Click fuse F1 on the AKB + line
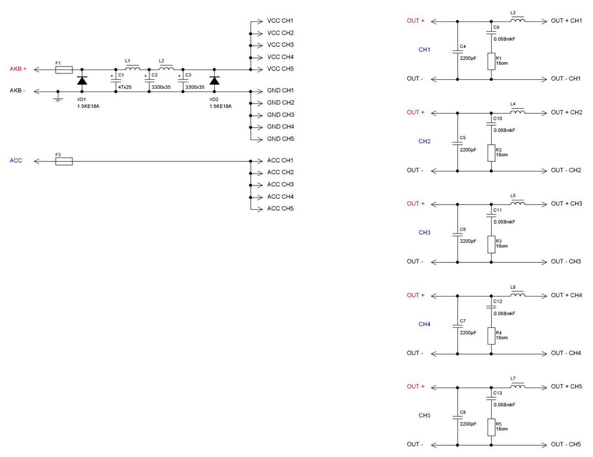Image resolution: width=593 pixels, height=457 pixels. coord(63,70)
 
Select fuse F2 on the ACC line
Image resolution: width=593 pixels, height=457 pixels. coord(63,161)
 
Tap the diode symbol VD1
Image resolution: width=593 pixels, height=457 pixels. coord(82,81)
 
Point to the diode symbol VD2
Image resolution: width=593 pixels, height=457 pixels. coord(214,81)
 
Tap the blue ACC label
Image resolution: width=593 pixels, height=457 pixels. coord(16,160)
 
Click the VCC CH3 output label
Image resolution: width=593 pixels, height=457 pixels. coord(280,45)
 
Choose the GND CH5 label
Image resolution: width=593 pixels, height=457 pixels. coord(281,139)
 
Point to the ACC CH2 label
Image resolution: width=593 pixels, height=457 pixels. coord(280,173)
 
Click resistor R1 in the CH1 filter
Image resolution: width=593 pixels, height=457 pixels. coord(491,61)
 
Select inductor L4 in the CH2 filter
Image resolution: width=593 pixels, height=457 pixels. coord(518,112)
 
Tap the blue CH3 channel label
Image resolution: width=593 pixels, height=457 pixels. coord(424,233)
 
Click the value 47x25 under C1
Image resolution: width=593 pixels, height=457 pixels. coord(125,87)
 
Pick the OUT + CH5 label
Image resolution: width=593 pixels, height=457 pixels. coord(566,387)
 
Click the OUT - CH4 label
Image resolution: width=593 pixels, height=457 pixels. coord(566,353)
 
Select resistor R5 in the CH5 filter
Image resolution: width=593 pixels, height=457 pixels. coord(491,427)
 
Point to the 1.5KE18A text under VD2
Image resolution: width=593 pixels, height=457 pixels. coord(221,107)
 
